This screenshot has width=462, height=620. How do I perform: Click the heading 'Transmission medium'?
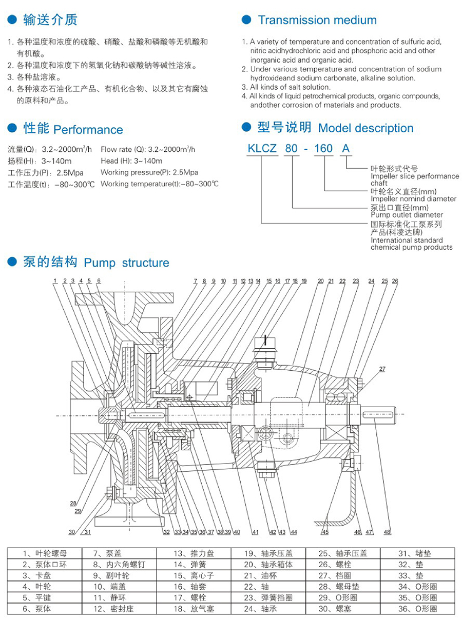coord(317,21)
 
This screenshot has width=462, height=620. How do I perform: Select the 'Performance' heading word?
coord(88,130)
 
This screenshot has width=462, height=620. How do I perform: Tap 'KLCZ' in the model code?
coord(262,149)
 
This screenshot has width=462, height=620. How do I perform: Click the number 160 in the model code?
coord(323,149)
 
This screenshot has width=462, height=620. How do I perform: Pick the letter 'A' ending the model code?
coord(346,149)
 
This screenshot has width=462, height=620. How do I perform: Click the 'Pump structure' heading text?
coord(126,263)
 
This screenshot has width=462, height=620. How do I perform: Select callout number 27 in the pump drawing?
coord(382,369)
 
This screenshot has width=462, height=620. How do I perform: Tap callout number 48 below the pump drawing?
coord(387,532)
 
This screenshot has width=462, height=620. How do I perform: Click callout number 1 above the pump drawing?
coord(54,281)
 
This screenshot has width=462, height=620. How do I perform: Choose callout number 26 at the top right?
coord(395,281)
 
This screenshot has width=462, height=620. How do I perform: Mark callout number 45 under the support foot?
coord(325,532)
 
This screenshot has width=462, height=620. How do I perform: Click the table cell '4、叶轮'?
coord(37,587)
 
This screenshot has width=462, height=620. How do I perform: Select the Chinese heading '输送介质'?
coord(50,21)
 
